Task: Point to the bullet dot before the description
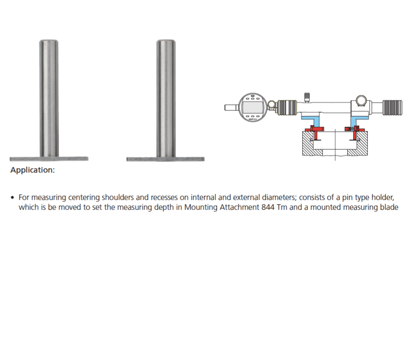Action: pyautogui.click(x=12, y=198)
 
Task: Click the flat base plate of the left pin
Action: pyautogui.click(x=49, y=159)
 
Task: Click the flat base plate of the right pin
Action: pyautogui.click(x=166, y=159)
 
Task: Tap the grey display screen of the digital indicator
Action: pyautogui.click(x=253, y=107)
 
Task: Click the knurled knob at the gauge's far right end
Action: pyautogui.click(x=392, y=108)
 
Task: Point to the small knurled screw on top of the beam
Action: pyautogui.click(x=307, y=97)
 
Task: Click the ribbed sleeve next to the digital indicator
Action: pyautogui.click(x=287, y=108)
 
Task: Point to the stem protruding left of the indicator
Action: pyautogui.click(x=231, y=108)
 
